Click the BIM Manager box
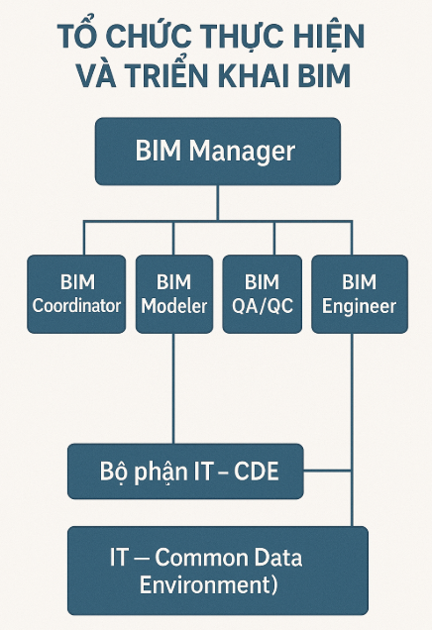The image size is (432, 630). coord(216,152)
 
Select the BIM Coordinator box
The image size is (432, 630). coord(76,294)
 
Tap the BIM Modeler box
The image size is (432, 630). coord(173,294)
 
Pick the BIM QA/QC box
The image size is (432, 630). coord(262,294)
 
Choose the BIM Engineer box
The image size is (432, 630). coord(359,294)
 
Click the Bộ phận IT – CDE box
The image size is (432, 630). coord(185,471)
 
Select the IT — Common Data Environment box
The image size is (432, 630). coord(216,571)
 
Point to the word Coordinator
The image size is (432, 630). coord(76,306)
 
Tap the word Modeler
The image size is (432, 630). coord(173,306)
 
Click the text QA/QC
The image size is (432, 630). coord(262,306)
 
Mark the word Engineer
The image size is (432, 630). coord(359,306)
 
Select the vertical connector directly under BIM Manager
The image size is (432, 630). coord(216,203)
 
